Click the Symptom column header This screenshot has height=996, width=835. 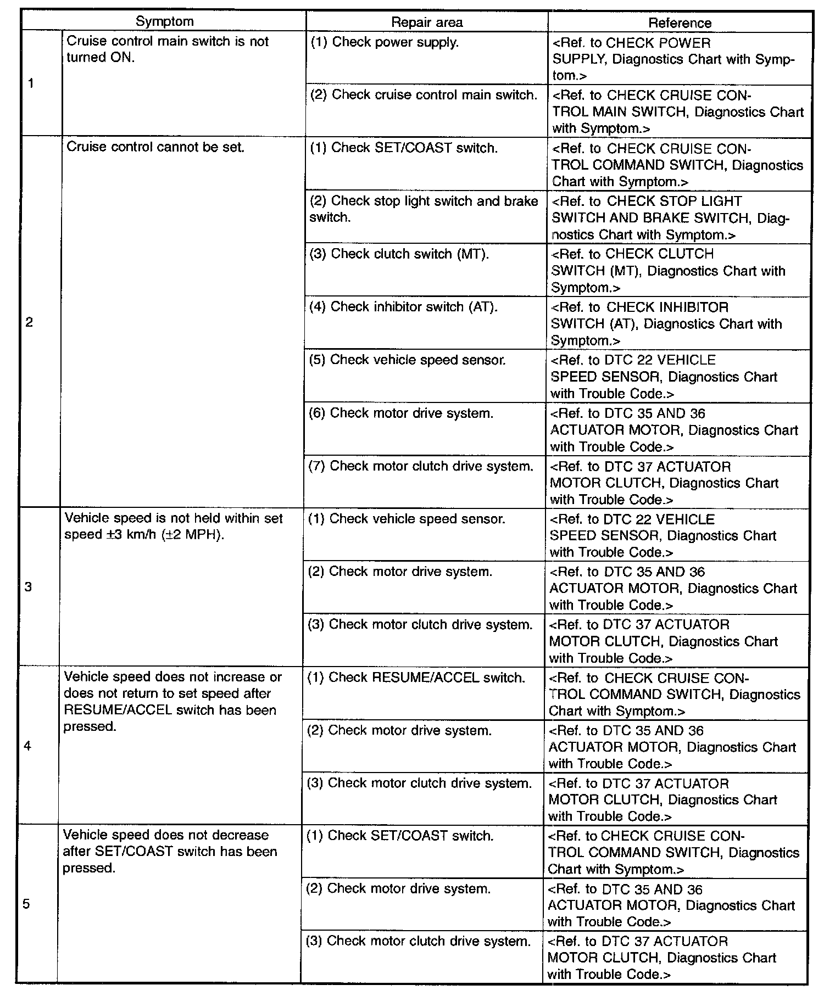164,22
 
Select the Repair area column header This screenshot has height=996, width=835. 426,23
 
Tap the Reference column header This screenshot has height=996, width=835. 680,23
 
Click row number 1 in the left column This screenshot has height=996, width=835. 31,83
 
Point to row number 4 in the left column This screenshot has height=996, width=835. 28,746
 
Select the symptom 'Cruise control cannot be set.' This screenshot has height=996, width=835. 155,147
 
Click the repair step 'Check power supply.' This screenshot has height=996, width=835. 385,42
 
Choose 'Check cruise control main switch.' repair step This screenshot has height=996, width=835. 424,95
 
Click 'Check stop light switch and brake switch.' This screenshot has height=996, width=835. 424,209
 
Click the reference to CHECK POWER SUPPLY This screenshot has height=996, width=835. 673,59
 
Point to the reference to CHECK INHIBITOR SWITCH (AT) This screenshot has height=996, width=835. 666,323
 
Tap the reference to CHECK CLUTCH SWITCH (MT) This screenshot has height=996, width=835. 667,271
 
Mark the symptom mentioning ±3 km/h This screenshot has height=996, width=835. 173,527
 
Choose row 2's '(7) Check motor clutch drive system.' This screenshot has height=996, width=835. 420,466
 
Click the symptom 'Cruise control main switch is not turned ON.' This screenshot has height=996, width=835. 168,49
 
